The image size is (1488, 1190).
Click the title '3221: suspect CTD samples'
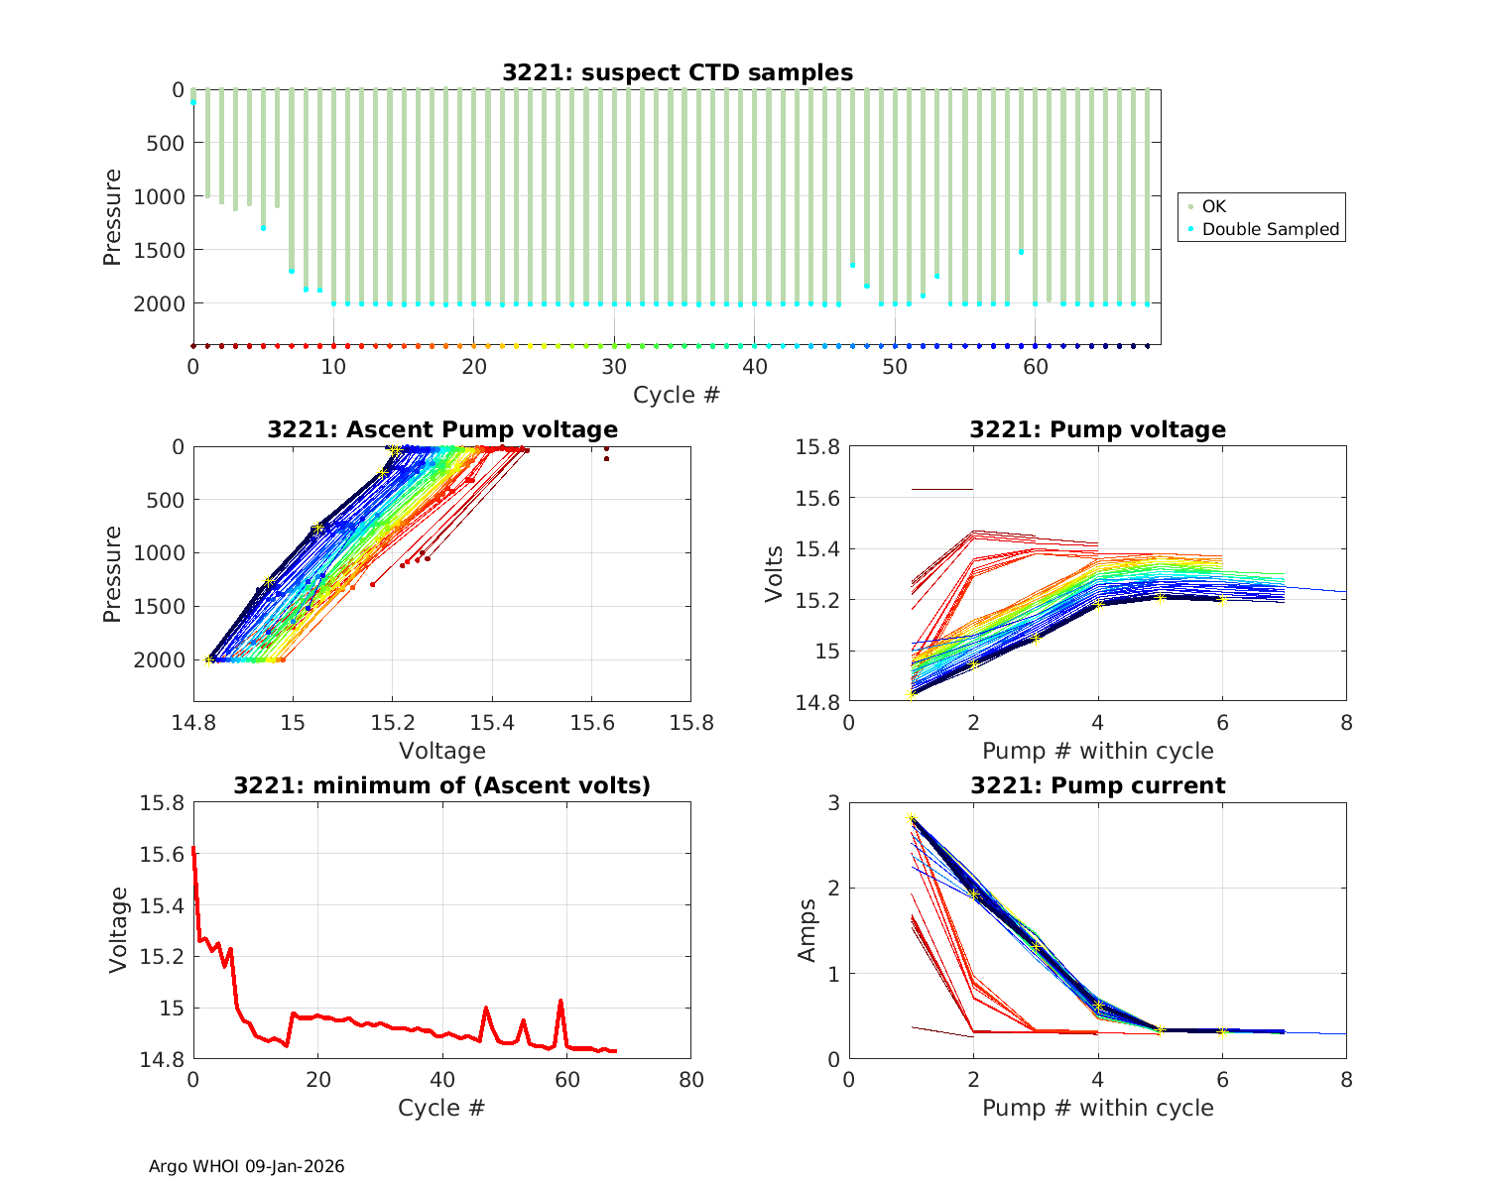coord(677,72)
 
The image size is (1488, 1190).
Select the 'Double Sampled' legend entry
coord(1270,229)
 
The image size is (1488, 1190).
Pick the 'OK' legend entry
coord(1213,206)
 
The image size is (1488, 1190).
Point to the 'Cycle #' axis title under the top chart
coord(677,395)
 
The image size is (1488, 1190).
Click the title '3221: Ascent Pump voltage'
coord(442,429)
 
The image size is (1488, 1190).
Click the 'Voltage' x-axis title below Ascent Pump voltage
coord(442,751)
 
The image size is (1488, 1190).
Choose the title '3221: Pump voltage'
coord(1097,429)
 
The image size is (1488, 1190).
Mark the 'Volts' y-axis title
coord(775,574)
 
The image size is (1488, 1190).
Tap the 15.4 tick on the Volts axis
coord(817,548)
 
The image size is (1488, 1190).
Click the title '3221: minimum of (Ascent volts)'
coord(442,785)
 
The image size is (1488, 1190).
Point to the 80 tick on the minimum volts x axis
coord(690,1079)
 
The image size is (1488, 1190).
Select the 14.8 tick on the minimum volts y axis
coord(163,1059)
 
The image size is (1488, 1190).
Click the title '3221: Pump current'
coord(1097,785)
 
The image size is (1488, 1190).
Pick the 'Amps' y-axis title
coord(808,930)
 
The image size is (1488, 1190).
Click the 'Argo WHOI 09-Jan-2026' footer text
coord(247,1166)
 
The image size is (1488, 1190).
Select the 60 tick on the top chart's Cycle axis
coord(1036,366)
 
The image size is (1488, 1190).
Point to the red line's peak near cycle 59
coord(560,1001)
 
